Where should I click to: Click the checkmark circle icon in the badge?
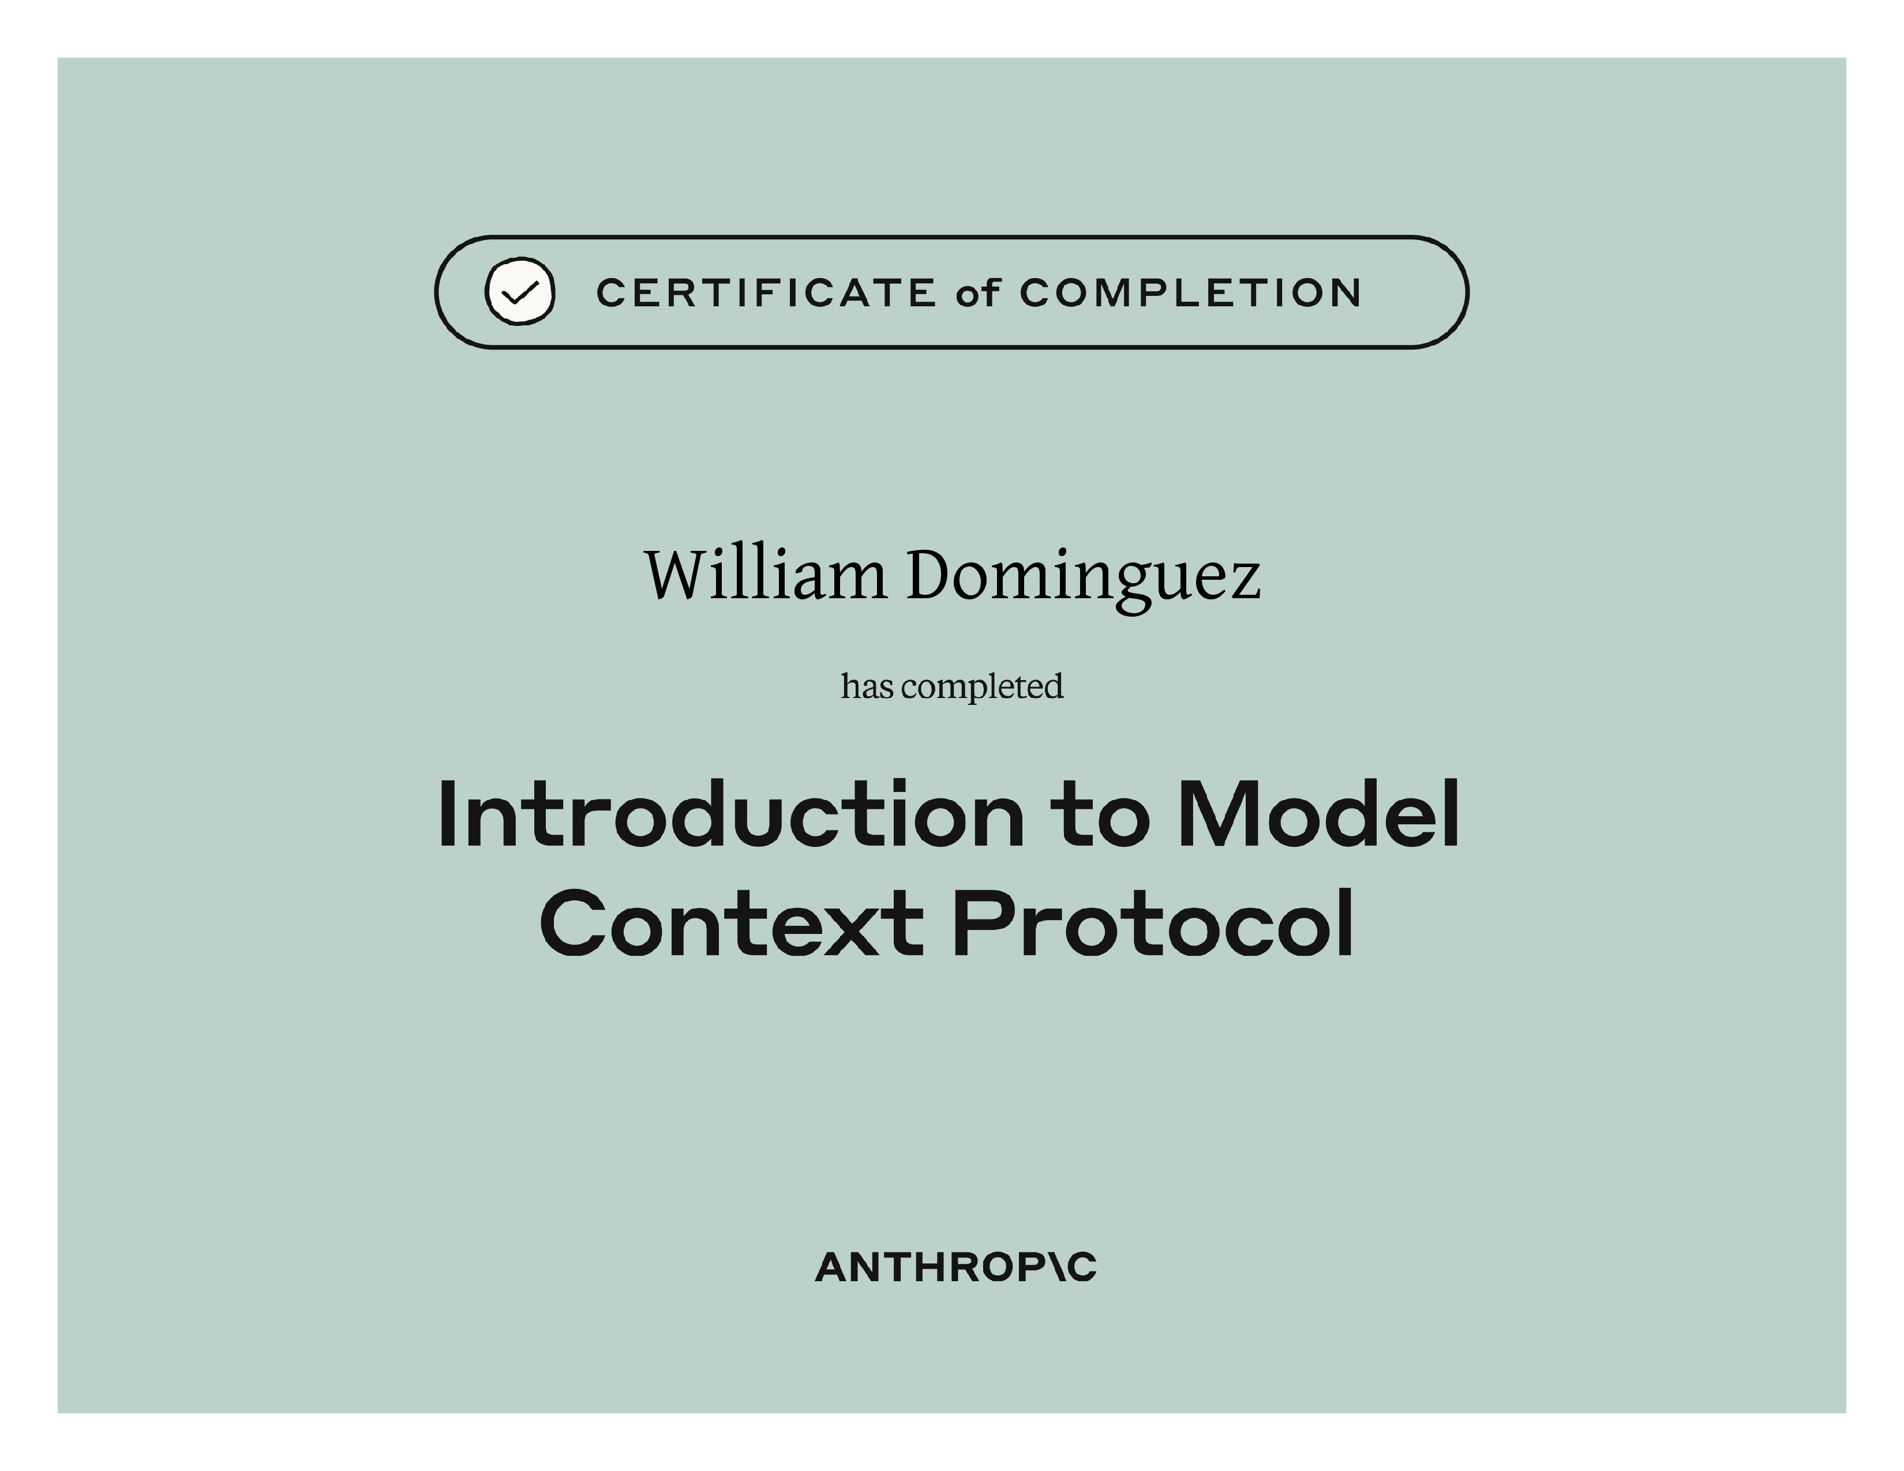click(520, 292)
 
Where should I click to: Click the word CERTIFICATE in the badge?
click(766, 294)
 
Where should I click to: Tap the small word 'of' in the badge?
click(977, 293)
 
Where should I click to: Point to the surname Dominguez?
click(1084, 580)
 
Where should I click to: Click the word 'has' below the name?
click(867, 686)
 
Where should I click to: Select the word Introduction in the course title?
click(730, 814)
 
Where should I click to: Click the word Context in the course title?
click(732, 924)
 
